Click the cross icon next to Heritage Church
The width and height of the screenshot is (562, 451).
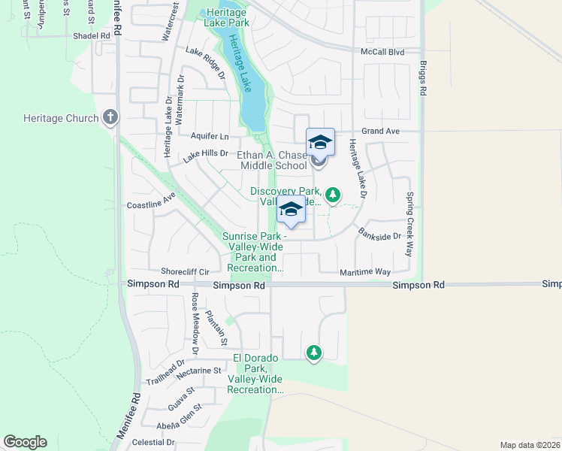click(x=110, y=117)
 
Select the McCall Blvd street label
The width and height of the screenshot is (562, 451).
click(x=382, y=52)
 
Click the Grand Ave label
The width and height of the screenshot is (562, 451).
click(x=379, y=131)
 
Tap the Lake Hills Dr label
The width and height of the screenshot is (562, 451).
click(x=206, y=154)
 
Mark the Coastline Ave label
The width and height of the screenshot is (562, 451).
click(x=150, y=204)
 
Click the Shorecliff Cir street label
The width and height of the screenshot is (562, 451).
click(x=184, y=271)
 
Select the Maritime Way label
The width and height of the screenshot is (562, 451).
click(x=365, y=271)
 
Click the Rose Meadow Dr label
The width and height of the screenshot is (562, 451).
click(x=194, y=322)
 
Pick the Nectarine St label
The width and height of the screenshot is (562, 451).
click(x=197, y=371)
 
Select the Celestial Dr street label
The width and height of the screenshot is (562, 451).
click(x=153, y=443)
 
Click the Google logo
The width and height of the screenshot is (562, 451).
click(x=25, y=442)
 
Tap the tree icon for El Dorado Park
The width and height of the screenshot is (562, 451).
click(x=313, y=352)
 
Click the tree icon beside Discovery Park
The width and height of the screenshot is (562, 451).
click(x=333, y=195)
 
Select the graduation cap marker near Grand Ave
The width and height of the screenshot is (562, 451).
click(x=320, y=141)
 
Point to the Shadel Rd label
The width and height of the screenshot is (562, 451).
click(x=92, y=35)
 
